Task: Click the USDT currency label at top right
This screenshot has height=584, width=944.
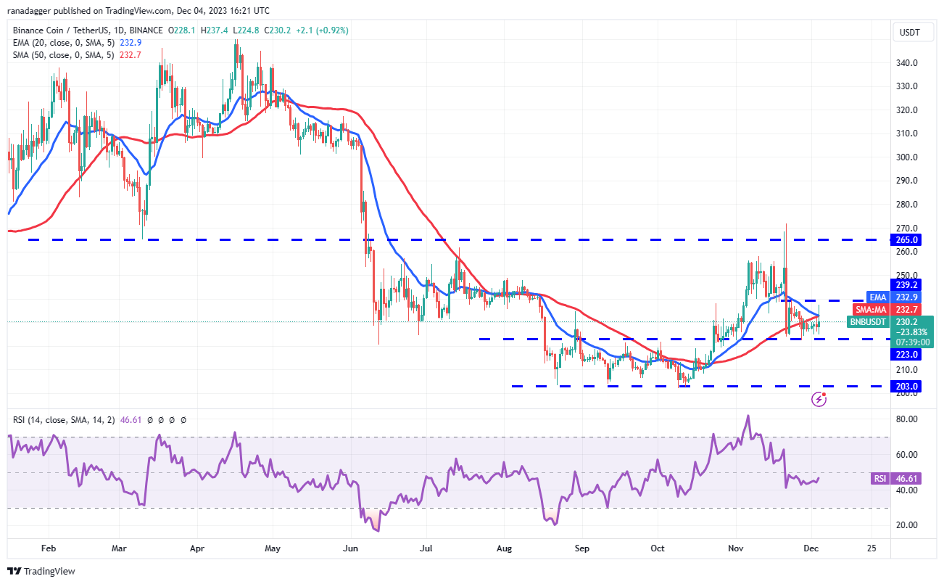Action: (x=910, y=32)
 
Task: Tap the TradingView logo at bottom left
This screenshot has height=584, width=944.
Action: (x=42, y=571)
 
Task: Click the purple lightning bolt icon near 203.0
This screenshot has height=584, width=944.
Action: (x=819, y=398)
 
